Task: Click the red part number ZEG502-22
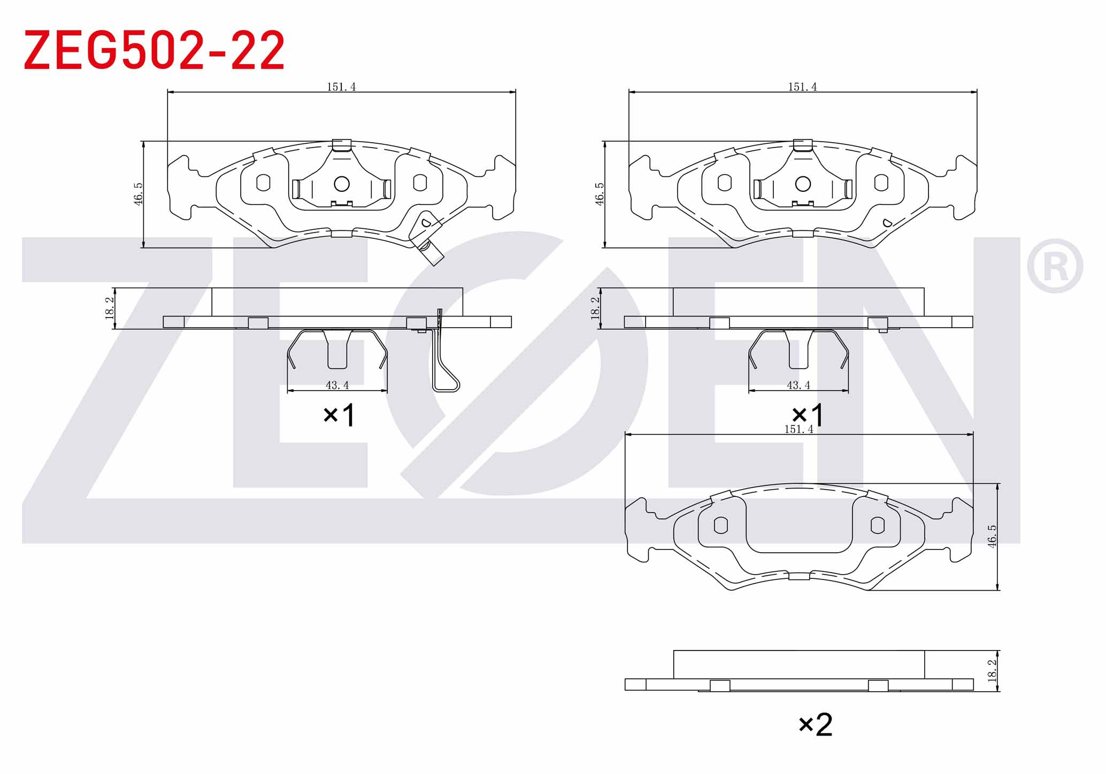coord(154,50)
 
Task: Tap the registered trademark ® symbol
coord(1055,266)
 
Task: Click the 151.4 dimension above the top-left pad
coord(341,87)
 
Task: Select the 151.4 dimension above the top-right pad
coord(802,87)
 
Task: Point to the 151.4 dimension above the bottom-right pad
coord(798,429)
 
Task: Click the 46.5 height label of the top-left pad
coord(138,194)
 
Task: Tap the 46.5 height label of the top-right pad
coord(600,194)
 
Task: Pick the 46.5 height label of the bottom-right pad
coord(992,536)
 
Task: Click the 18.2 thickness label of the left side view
coord(110,308)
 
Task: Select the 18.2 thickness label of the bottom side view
coord(992,671)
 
